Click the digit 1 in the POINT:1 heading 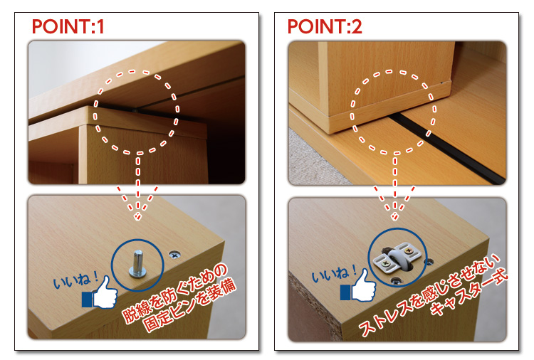coord(100,26)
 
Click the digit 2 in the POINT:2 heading coord(356,26)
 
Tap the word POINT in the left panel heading coord(61,26)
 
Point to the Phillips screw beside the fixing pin coord(174,255)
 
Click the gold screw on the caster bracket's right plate coord(409,251)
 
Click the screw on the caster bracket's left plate coord(386,263)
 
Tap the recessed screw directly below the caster coord(395,281)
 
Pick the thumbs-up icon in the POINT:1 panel coord(100,293)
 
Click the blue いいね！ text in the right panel coord(334,273)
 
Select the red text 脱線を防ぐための coord(174,293)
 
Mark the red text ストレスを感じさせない coord(430,295)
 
